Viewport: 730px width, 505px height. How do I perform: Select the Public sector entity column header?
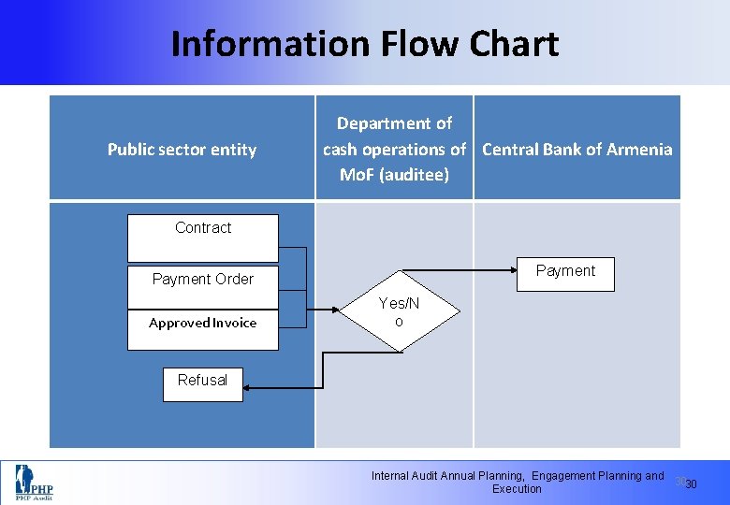point(182,150)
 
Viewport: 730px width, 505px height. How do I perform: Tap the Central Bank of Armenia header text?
point(577,150)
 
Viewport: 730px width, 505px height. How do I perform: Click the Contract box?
point(203,238)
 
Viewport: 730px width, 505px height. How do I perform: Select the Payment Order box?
point(203,279)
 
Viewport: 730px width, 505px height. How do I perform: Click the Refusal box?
point(203,381)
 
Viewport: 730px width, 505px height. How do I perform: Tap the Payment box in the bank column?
point(565,271)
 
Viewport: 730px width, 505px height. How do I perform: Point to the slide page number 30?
point(691,484)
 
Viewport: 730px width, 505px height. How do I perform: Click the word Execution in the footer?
point(517,489)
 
